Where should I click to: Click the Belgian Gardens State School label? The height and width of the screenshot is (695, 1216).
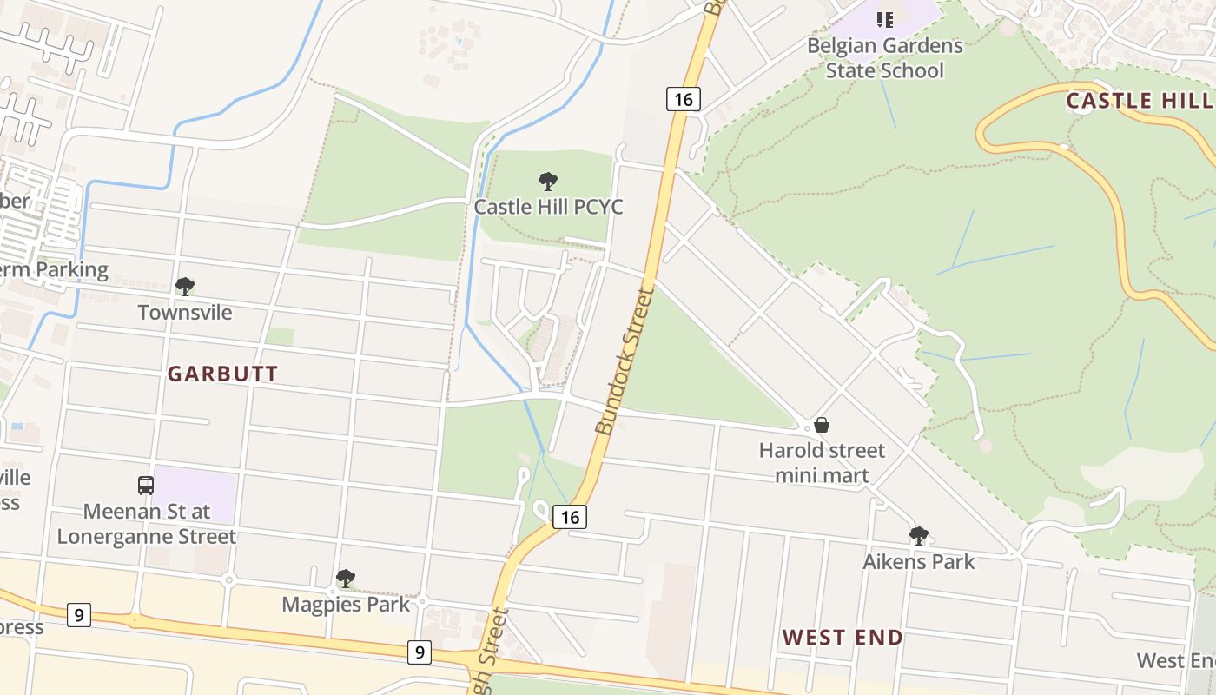click(x=884, y=57)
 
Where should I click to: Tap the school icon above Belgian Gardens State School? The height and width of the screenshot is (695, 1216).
click(x=884, y=19)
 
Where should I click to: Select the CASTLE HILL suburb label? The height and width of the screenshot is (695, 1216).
click(x=1140, y=101)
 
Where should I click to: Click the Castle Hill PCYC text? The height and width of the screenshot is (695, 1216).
click(x=548, y=208)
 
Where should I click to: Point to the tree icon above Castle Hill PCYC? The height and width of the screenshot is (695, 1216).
click(x=547, y=182)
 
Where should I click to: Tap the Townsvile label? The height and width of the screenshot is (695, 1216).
click(x=185, y=313)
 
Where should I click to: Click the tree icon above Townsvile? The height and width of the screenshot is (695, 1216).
click(x=184, y=286)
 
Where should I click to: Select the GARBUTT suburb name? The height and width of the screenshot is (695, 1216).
click(x=223, y=374)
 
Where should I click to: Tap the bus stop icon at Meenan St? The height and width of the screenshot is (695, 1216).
click(x=146, y=486)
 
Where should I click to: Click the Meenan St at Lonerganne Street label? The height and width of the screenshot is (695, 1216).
click(x=146, y=524)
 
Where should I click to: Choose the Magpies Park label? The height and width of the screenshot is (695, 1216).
click(x=346, y=605)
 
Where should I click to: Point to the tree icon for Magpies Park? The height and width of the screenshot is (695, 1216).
click(x=346, y=578)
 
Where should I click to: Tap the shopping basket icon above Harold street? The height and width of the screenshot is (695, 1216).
click(x=821, y=425)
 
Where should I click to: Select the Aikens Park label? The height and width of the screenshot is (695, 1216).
click(x=918, y=562)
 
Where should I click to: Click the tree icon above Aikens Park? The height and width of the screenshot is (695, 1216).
click(x=918, y=536)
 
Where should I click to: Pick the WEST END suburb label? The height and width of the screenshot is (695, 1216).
click(x=843, y=638)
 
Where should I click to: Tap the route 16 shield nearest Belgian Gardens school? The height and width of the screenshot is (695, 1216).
click(x=684, y=99)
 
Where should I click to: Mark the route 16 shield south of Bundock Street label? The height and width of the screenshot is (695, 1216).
click(x=570, y=517)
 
